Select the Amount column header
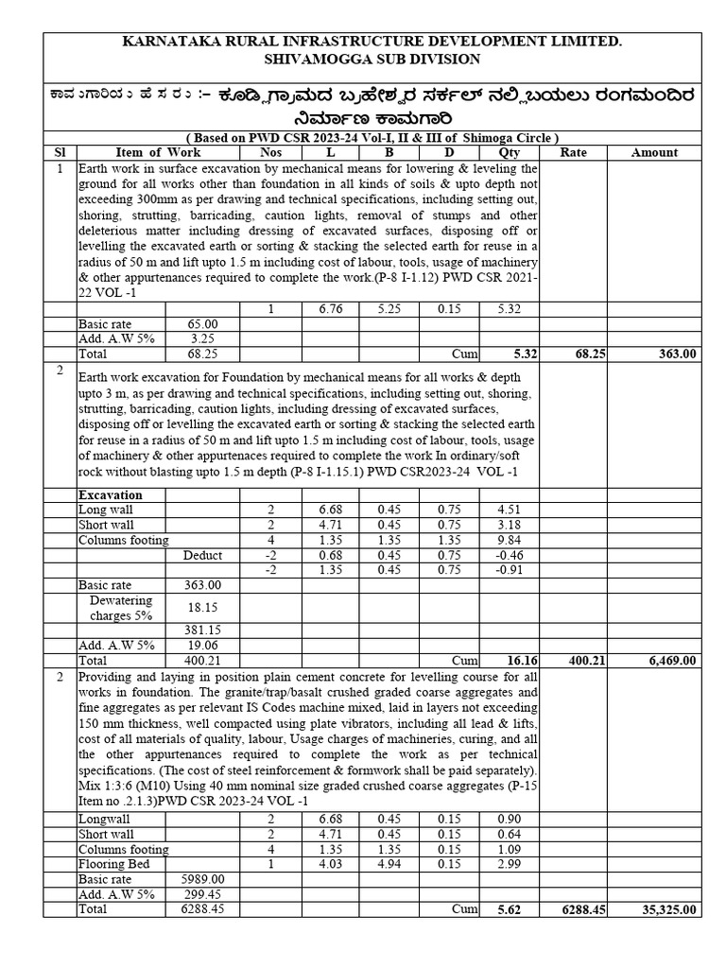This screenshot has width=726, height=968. tap(654, 152)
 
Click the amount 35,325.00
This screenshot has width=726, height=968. tap(666, 909)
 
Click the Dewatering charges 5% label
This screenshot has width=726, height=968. tap(121, 608)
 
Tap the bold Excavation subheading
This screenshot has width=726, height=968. tap(111, 494)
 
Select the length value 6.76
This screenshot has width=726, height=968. tap(330, 308)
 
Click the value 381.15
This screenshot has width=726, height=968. tap(203, 630)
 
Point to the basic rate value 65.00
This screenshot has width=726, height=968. tap(203, 323)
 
